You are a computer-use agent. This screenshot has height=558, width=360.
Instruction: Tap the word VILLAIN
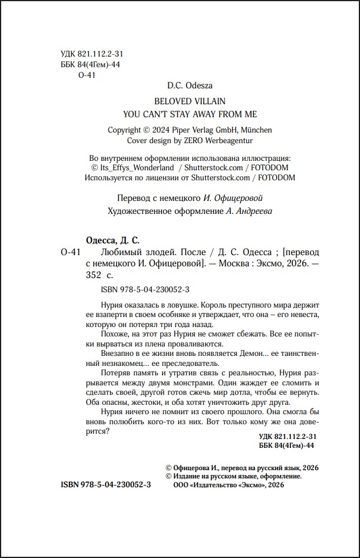click(x=207, y=101)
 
